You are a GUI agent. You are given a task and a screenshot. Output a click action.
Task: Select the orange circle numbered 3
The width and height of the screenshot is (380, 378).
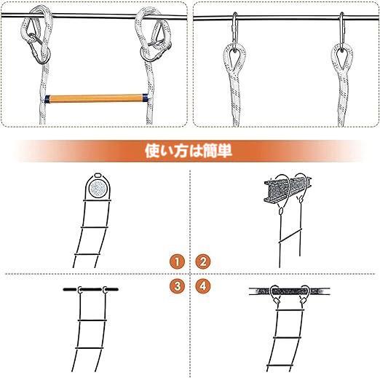coord(175,285)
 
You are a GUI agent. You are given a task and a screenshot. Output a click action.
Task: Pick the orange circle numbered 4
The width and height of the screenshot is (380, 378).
coord(203,285)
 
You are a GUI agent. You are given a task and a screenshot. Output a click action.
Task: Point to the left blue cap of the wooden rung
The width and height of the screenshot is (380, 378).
coord(47,98)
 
